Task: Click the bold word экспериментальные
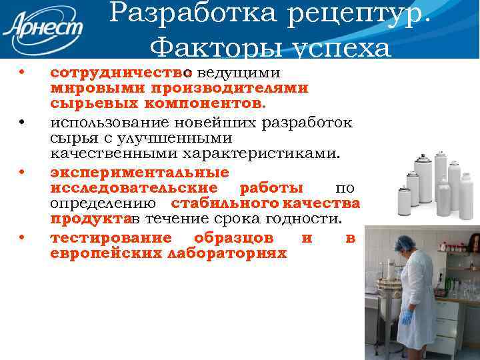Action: click(139, 172)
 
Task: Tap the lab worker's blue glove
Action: click(406, 317)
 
